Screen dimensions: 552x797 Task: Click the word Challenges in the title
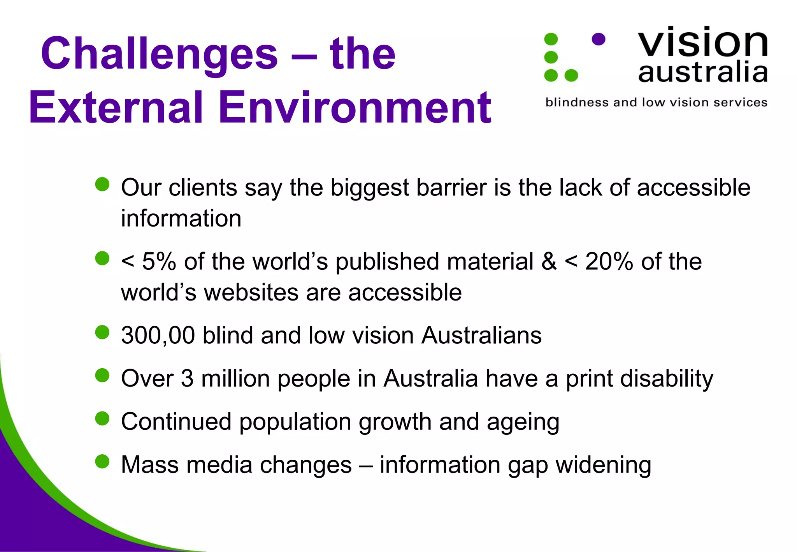pyautogui.click(x=159, y=54)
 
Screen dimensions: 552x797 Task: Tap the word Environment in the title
pyautogui.click(x=355, y=107)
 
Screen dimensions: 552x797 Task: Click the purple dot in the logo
pyautogui.click(x=598, y=39)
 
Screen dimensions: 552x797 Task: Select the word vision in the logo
pyautogui.click(x=703, y=42)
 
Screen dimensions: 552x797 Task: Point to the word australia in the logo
pyautogui.click(x=703, y=72)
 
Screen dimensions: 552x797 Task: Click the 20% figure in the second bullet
pyautogui.click(x=609, y=261)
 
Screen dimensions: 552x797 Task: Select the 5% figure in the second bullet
pyautogui.click(x=159, y=261)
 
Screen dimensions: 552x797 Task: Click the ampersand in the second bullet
pyautogui.click(x=549, y=261)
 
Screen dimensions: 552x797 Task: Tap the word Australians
pyautogui.click(x=481, y=335)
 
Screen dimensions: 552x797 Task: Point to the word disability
pyautogui.click(x=667, y=379)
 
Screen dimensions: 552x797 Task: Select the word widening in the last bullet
pyautogui.click(x=603, y=465)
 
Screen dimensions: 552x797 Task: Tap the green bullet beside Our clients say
pyautogui.click(x=102, y=184)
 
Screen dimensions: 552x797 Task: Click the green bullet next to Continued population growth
pyautogui.click(x=102, y=418)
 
